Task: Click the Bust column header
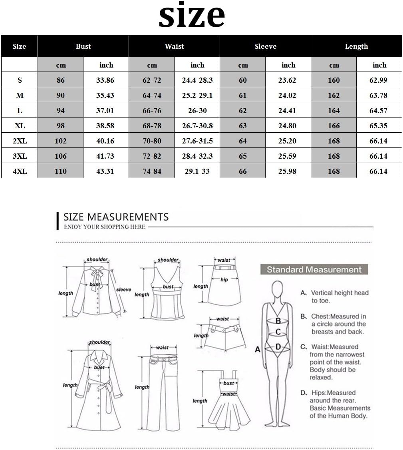(x=83, y=46)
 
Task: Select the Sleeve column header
(x=265, y=46)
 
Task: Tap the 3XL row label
(x=20, y=156)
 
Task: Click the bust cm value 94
(x=61, y=110)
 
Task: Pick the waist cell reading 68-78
(x=152, y=126)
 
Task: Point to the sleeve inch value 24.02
(x=287, y=95)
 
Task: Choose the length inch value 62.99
(x=378, y=80)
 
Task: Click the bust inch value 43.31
(x=105, y=171)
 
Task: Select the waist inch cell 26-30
(x=197, y=110)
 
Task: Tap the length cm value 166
(x=334, y=126)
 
